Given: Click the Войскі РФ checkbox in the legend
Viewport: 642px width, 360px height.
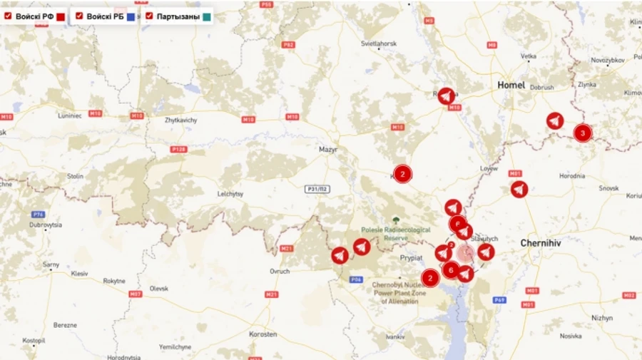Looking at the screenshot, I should pyautogui.click(x=8, y=15).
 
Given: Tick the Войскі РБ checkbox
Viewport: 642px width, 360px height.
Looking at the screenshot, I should pyautogui.click(x=80, y=15).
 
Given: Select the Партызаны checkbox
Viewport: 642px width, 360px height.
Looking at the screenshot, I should pyautogui.click(x=149, y=15).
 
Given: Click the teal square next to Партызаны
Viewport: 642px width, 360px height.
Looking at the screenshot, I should pyautogui.click(x=207, y=16).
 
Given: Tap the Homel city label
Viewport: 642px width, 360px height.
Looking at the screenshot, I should pyautogui.click(x=511, y=85).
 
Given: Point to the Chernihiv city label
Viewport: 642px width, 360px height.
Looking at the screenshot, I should pyautogui.click(x=544, y=242).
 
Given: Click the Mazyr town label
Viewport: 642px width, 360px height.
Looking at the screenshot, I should pyautogui.click(x=328, y=150).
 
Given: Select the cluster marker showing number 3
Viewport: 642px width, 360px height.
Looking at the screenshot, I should pyautogui.click(x=583, y=133).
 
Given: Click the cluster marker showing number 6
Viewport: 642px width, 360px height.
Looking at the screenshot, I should pyautogui.click(x=451, y=270).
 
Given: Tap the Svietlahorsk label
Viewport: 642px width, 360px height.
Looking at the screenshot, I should pyautogui.click(x=378, y=43).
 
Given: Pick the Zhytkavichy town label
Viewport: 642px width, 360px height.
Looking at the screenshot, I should pyautogui.click(x=180, y=120).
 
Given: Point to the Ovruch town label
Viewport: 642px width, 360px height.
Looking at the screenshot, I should pyautogui.click(x=279, y=271).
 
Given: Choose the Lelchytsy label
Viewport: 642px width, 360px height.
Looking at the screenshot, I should pyautogui.click(x=230, y=193).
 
